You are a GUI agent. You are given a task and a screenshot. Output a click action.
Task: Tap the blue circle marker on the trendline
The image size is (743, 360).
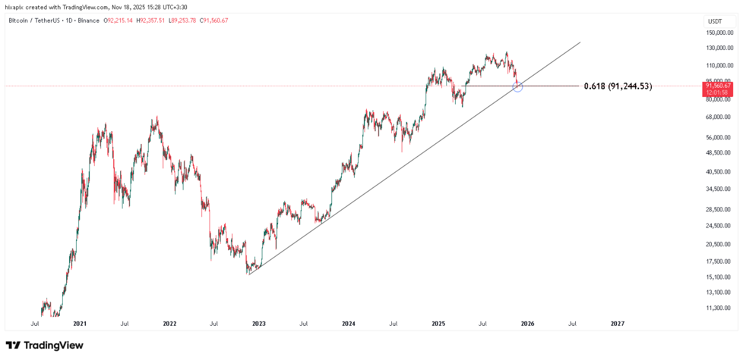(518, 87)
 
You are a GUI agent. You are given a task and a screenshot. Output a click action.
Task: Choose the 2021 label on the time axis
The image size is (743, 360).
(80, 323)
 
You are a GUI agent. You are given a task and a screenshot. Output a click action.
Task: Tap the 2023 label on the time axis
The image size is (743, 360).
(259, 323)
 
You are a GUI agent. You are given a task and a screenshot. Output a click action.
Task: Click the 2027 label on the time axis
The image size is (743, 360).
(618, 323)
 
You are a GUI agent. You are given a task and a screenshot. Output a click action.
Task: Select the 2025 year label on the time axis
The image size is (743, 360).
(438, 323)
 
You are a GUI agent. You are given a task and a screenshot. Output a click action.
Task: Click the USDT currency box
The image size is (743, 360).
(715, 21)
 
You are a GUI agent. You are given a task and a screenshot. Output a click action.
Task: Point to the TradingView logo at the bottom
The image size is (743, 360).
(45, 345)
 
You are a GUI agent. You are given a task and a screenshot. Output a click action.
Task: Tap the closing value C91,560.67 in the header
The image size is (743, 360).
(214, 21)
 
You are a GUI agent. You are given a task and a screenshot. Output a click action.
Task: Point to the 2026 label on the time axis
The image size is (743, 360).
(528, 323)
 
